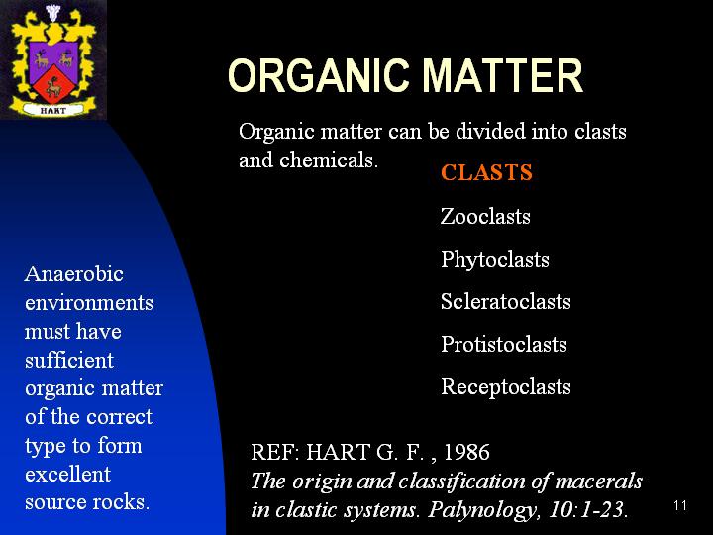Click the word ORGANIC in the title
(x=318, y=75)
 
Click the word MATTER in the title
(x=502, y=75)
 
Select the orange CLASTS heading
(x=486, y=172)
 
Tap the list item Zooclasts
(x=485, y=216)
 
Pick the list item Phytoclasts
(x=495, y=260)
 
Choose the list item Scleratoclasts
(x=506, y=301)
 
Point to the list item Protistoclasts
(x=504, y=344)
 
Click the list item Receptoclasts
(x=506, y=387)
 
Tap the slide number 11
(x=680, y=505)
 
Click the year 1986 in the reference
(x=466, y=452)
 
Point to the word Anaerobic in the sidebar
(x=74, y=273)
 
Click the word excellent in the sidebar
(x=67, y=474)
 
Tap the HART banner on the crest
(x=53, y=110)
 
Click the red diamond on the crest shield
(x=53, y=84)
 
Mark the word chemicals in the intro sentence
(x=329, y=160)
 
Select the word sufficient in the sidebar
(x=69, y=360)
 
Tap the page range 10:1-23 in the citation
(x=588, y=509)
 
